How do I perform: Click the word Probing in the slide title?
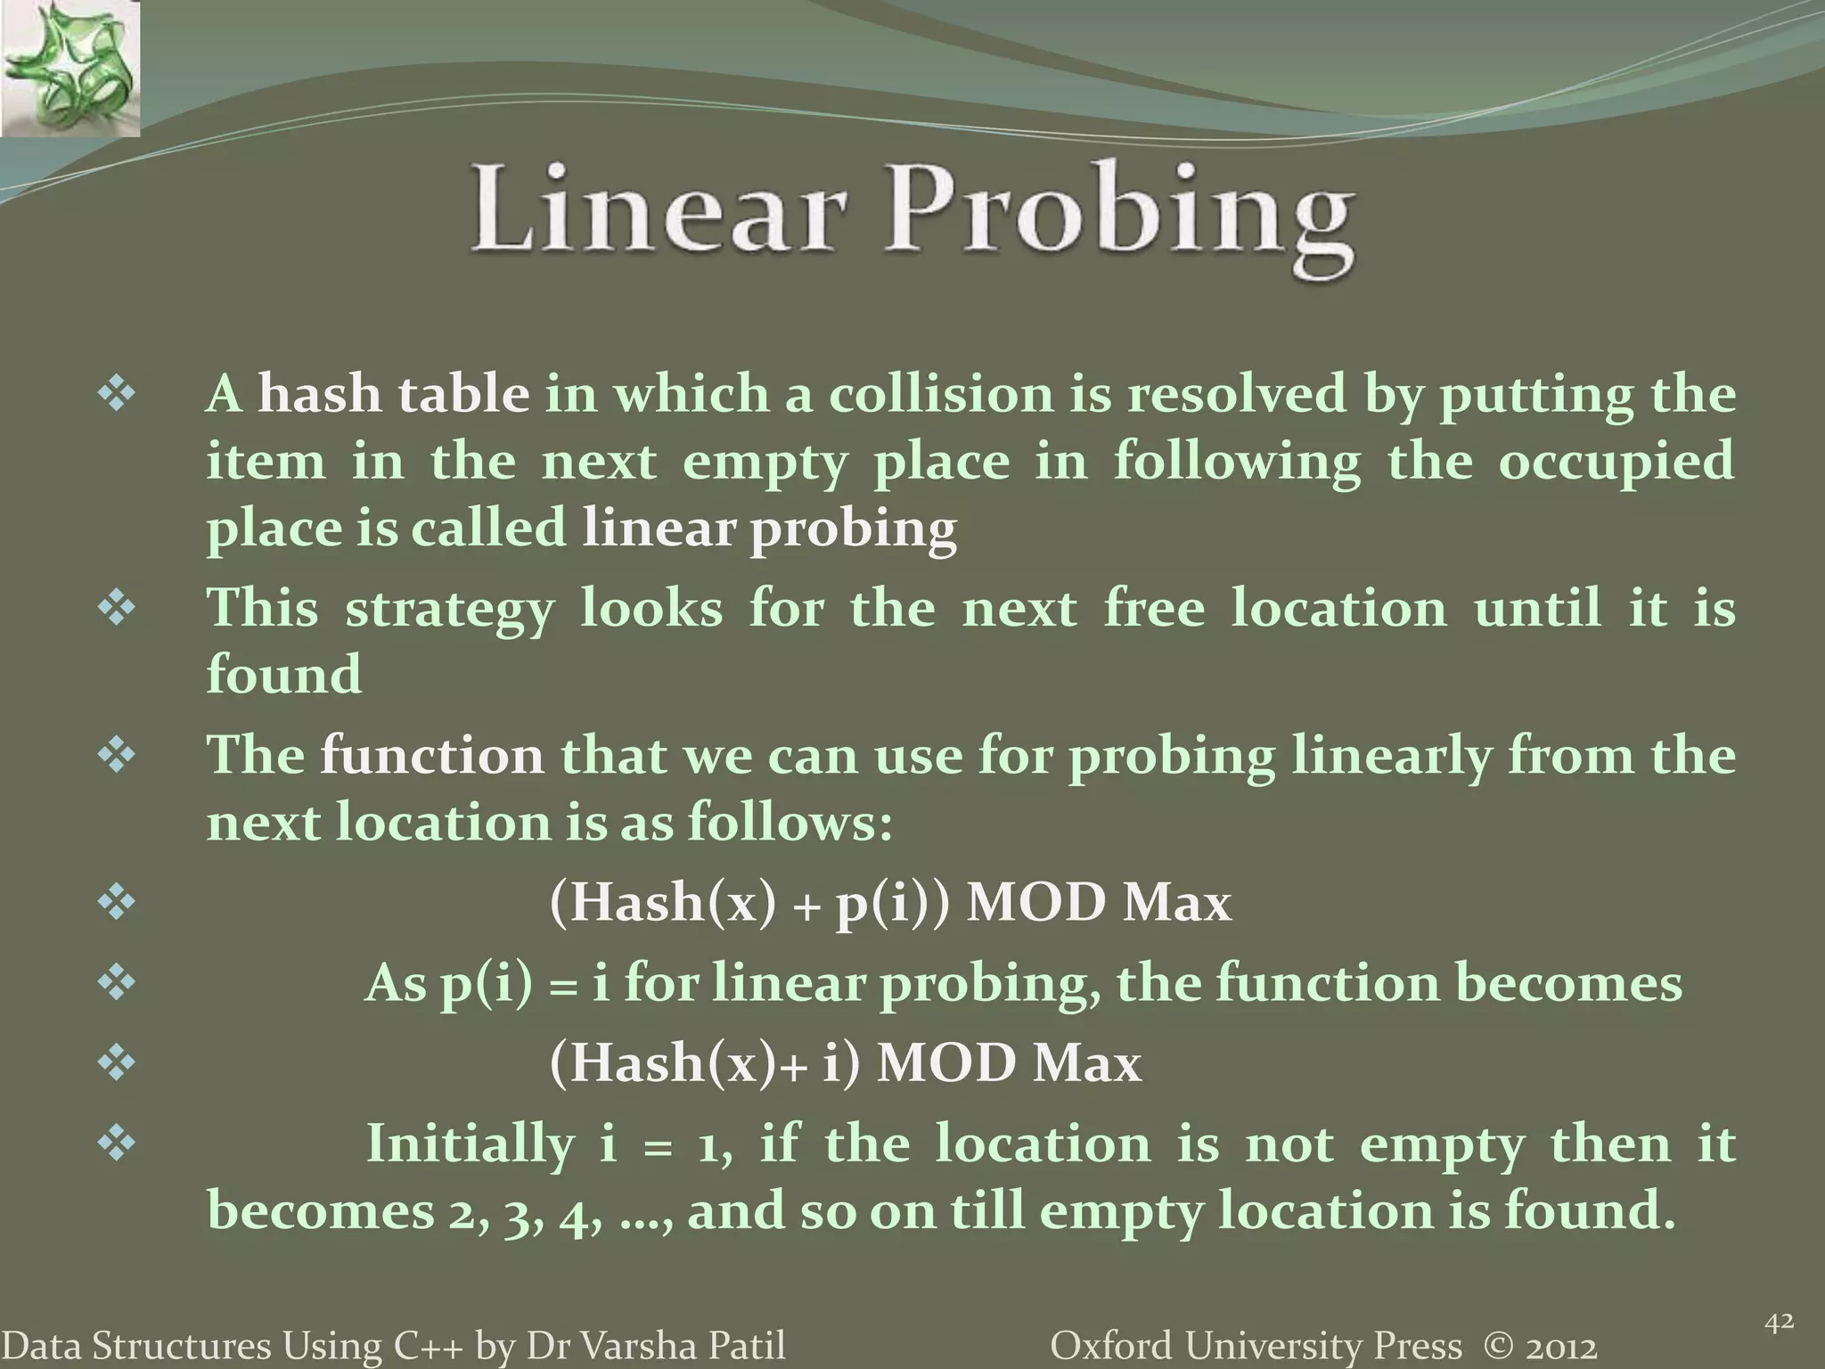pyautogui.click(x=1119, y=214)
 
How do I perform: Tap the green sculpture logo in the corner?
pyautogui.click(x=70, y=68)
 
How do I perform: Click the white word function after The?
pyautogui.click(x=431, y=756)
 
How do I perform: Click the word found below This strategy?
pyautogui.click(x=284, y=674)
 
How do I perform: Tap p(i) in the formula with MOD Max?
pyautogui.click(x=884, y=904)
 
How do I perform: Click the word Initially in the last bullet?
pyautogui.click(x=471, y=1144)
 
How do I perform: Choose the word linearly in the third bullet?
pyautogui.click(x=1390, y=756)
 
